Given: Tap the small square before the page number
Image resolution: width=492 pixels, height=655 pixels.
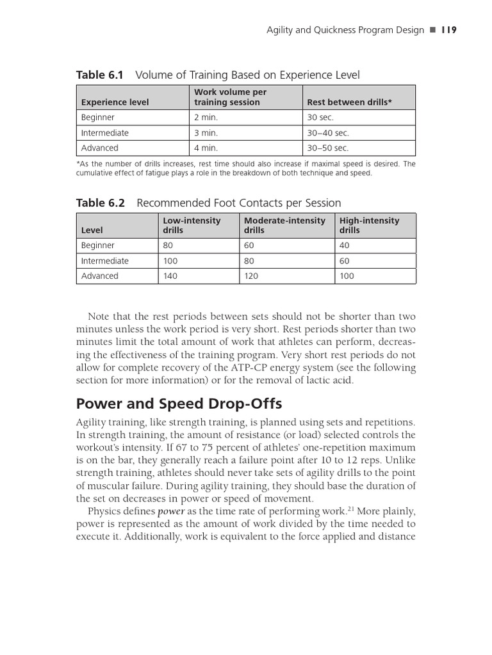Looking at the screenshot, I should coord(432,31).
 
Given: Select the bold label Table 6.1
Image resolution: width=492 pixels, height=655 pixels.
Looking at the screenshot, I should coord(99,75).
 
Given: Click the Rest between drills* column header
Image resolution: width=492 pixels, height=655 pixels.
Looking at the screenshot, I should coord(349,102).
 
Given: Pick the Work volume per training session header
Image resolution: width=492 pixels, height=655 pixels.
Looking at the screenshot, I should coord(230,97).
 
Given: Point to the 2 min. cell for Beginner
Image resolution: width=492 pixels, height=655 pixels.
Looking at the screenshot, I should coord(206,118).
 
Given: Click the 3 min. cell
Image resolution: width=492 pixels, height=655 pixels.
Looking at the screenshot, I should coord(206,133).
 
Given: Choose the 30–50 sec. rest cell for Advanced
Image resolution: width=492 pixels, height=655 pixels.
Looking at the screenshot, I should coord(327,148).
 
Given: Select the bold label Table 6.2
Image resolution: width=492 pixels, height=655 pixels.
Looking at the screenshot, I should coord(100,203).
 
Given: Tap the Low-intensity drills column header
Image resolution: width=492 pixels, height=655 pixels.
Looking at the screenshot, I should coord(192,225).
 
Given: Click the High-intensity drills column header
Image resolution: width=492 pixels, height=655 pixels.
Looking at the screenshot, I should coord(369,225).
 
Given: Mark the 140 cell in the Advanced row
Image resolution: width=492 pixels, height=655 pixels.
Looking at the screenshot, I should coord(171,276).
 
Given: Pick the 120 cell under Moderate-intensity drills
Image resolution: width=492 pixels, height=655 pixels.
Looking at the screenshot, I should coord(252,276).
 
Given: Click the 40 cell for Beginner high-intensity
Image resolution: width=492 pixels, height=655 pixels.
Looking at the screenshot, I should coord(345,246).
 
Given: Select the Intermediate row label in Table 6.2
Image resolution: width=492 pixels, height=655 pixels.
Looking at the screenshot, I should coord(104,261).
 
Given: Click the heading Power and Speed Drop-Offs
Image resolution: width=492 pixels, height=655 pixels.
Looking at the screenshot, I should coord(179,404).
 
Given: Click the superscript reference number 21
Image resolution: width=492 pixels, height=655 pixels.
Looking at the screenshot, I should coord(350,509).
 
